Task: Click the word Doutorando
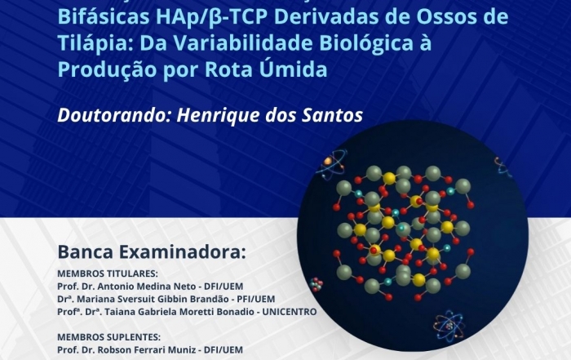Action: pyautogui.click(x=114, y=115)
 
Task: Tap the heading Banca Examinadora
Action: pyautogui.click(x=152, y=251)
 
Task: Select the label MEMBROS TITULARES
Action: pyautogui.click(x=108, y=273)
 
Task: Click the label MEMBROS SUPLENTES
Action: pyautogui.click(x=108, y=336)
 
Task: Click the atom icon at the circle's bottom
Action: pyautogui.click(x=449, y=326)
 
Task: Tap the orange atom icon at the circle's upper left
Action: pyautogui.click(x=330, y=165)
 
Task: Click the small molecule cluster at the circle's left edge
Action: pyautogui.click(x=316, y=285)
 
